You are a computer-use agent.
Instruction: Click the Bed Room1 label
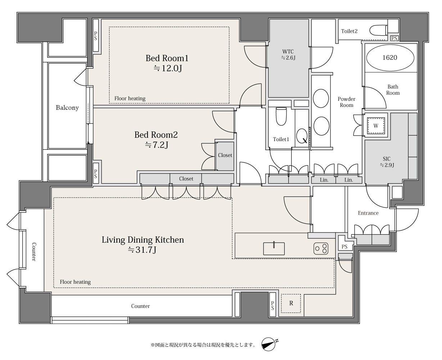167,58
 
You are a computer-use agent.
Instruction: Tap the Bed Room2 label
156,135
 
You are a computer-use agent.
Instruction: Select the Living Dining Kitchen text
143,240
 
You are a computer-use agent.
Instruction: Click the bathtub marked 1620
390,58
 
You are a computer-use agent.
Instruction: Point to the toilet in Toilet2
378,30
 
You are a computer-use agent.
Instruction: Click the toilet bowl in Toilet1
281,116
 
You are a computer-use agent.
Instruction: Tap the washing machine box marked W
376,126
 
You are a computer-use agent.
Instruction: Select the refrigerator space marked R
291,303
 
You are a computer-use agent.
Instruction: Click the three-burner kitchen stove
321,248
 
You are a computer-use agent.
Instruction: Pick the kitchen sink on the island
274,248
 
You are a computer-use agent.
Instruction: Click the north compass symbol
269,344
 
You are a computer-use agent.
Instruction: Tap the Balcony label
67,108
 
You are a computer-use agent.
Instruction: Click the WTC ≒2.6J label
288,55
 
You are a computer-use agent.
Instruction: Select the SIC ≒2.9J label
387,162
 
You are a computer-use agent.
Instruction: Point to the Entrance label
368,213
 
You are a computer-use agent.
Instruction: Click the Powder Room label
346,102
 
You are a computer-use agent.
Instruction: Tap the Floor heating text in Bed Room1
130,98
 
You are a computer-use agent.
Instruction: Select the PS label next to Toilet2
394,39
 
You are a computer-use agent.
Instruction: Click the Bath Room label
393,90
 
